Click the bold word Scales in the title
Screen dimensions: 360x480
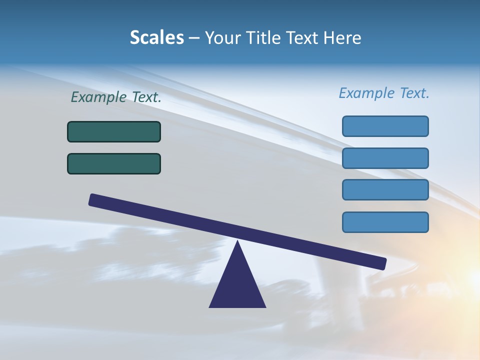(156, 38)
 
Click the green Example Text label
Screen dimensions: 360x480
(116, 97)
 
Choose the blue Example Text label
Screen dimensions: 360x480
(384, 93)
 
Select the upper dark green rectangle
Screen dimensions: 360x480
(114, 131)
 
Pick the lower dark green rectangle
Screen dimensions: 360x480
(114, 163)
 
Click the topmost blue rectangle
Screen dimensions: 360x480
(385, 126)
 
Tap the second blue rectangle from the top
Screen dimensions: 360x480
(385, 158)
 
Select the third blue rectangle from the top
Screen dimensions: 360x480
(385, 190)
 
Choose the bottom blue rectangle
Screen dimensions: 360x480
(385, 222)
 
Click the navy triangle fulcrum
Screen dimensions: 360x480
(237, 285)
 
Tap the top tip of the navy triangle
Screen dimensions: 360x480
(237, 242)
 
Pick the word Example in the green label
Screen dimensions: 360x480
(99, 97)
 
